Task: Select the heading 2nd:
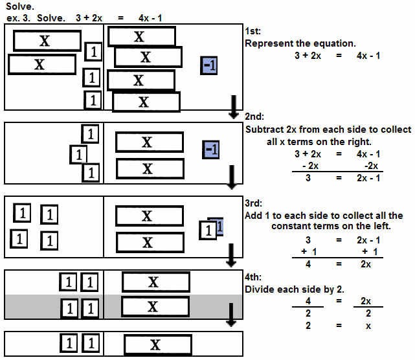(x=254, y=117)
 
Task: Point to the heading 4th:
(x=254, y=276)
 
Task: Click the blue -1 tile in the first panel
(x=209, y=65)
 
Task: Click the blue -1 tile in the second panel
(x=211, y=150)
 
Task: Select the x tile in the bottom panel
(x=155, y=344)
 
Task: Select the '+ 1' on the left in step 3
(x=308, y=251)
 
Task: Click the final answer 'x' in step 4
(x=368, y=326)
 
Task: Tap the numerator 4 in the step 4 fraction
(x=308, y=301)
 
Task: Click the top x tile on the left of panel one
(x=44, y=41)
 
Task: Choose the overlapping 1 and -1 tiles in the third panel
(x=211, y=229)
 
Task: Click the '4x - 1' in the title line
(x=150, y=17)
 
